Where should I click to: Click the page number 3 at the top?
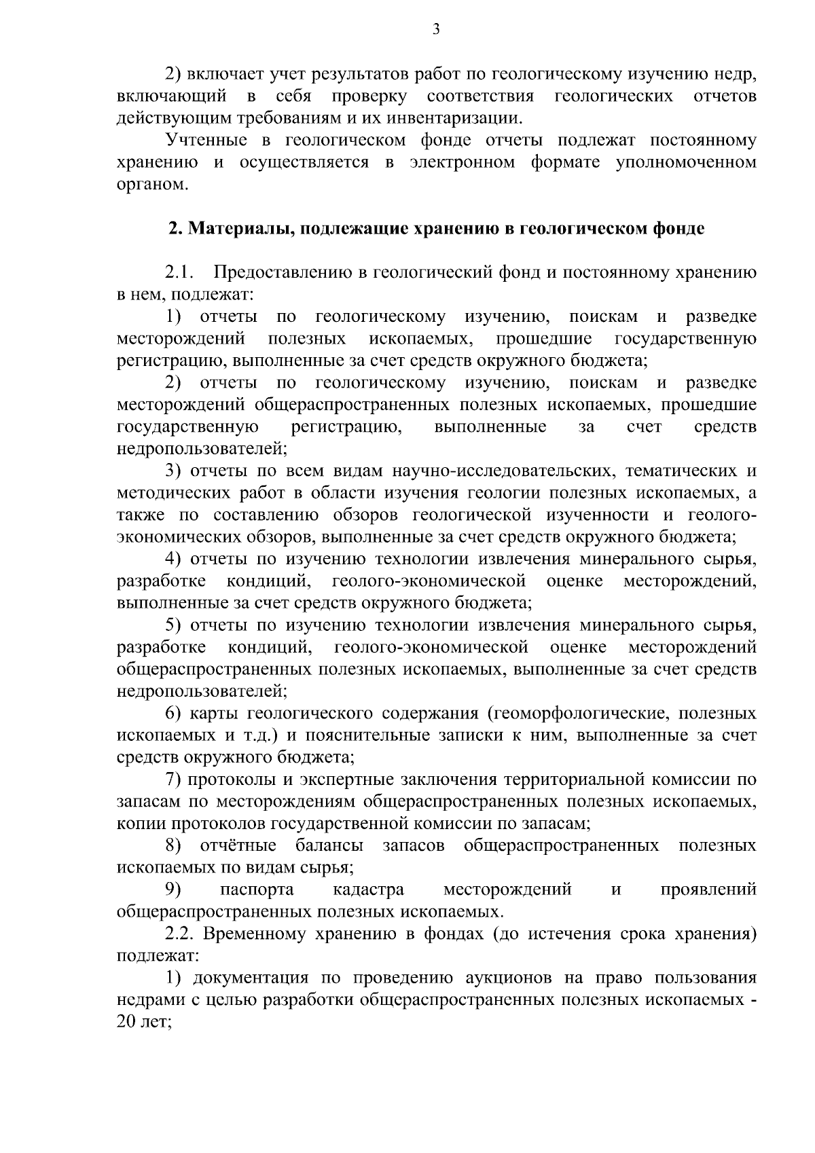(436, 29)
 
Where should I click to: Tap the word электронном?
(463, 163)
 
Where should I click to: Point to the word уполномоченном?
(686, 163)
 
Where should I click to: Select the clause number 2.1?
(179, 273)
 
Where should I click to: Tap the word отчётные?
(238, 846)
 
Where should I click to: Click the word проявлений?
(708, 890)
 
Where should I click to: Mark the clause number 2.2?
(179, 934)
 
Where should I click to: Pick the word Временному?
(252, 934)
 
